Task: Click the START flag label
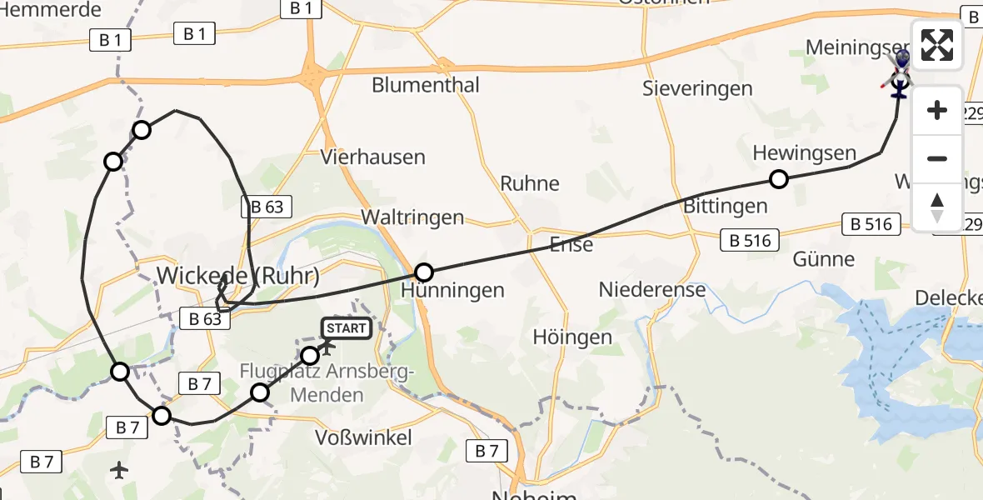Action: (x=346, y=328)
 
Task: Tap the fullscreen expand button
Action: (x=937, y=45)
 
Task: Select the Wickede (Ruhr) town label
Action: (x=238, y=276)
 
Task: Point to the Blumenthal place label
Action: (x=426, y=85)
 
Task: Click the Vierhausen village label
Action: (x=373, y=157)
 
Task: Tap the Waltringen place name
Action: (x=412, y=217)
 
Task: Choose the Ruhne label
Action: (x=530, y=183)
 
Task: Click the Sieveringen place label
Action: (x=697, y=88)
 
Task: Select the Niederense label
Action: (x=652, y=290)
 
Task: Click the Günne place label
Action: (x=825, y=259)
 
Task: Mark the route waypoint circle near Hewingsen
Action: (x=779, y=178)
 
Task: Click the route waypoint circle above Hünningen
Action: (x=424, y=272)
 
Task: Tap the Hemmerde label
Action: (x=52, y=10)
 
